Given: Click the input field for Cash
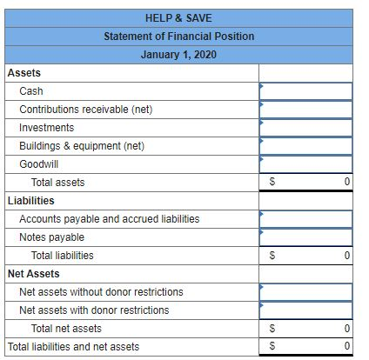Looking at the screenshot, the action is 305,91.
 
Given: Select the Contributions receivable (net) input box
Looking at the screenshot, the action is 305,110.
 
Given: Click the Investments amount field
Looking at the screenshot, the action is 305,128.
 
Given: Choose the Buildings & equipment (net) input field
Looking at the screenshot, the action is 305,146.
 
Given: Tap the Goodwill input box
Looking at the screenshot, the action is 305,164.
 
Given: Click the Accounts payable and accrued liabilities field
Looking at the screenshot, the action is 305,219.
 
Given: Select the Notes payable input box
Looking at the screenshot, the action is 305,237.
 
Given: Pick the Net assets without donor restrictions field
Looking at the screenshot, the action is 305,292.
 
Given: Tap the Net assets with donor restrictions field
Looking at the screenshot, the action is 305,310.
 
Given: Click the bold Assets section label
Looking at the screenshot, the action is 23,73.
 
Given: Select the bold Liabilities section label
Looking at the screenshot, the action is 30,201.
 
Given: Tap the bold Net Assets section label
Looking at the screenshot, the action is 33,274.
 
